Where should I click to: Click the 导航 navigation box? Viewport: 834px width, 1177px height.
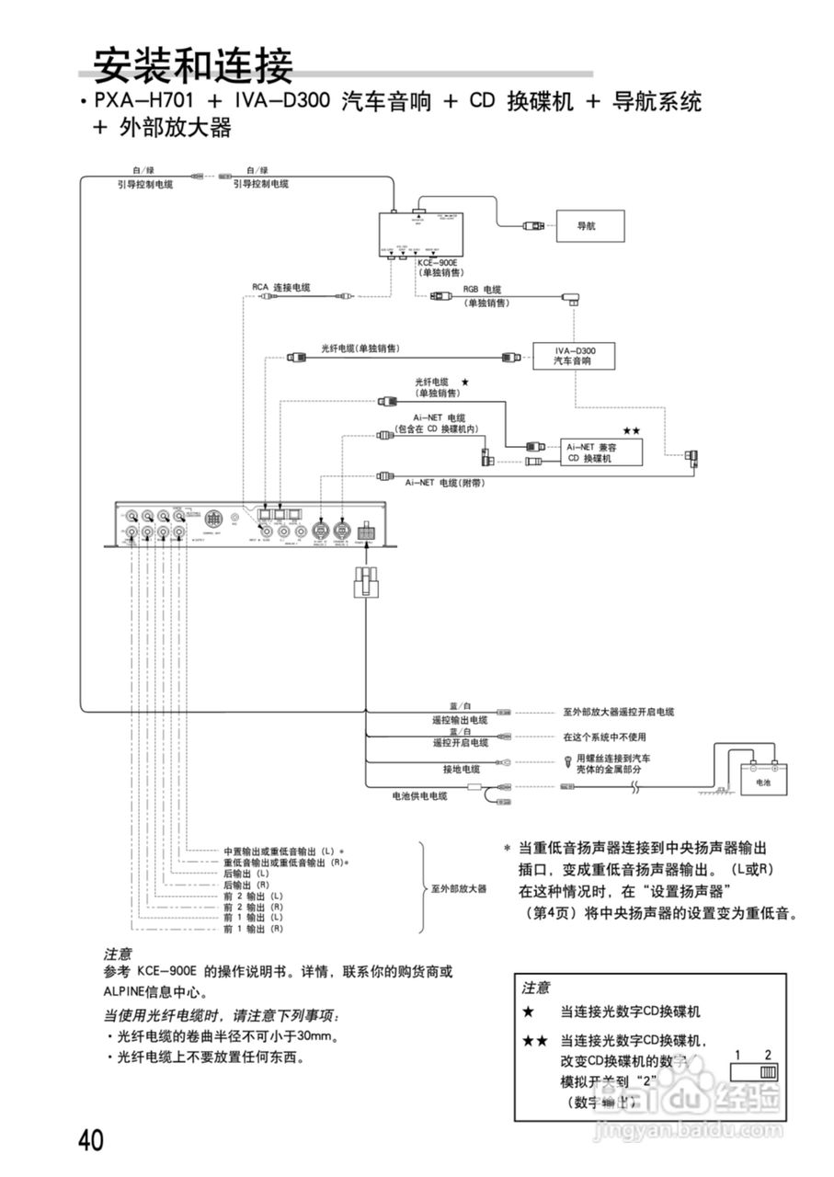pos(589,225)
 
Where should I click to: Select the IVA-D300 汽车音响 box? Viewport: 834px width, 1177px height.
pos(573,357)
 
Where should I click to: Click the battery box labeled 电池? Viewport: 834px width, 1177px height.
pos(762,782)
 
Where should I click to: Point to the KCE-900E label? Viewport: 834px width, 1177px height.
pos(437,263)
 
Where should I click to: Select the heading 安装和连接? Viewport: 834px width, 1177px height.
pos(193,65)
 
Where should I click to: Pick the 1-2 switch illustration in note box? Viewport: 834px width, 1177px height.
pos(754,1071)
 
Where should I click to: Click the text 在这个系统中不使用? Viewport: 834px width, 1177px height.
pos(604,737)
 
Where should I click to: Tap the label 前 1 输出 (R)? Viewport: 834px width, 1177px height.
pos(253,930)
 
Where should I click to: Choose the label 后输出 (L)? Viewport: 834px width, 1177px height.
pos(246,874)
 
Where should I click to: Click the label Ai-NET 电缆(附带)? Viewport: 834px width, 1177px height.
pos(444,482)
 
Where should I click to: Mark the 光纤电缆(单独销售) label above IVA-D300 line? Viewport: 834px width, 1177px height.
pos(360,349)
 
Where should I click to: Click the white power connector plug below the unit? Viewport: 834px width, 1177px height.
pos(367,583)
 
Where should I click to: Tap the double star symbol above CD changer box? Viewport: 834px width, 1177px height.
pos(631,430)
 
